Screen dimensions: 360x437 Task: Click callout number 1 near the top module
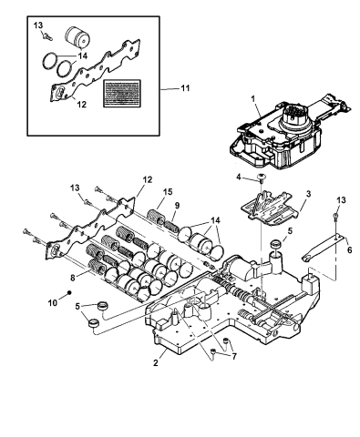tap(252, 98)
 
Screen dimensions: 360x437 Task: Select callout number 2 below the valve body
tap(156, 362)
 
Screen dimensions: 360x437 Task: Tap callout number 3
tap(308, 194)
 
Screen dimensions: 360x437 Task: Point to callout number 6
tap(349, 250)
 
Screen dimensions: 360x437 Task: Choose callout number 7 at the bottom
tap(234, 357)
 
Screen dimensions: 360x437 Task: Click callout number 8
tap(73, 278)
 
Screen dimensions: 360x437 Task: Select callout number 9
tap(177, 206)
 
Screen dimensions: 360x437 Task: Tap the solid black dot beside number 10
tap(69, 292)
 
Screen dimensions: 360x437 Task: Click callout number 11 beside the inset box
tap(185, 88)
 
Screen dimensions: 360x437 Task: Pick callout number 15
tap(168, 191)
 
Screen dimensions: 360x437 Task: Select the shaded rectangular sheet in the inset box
tap(122, 94)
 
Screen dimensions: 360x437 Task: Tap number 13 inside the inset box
tap(38, 25)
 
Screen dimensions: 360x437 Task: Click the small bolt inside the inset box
tap(47, 37)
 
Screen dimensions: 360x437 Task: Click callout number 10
tap(53, 303)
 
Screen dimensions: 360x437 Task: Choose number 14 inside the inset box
tap(82, 56)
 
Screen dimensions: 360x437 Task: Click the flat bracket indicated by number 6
tap(323, 248)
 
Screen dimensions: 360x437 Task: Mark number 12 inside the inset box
tap(82, 105)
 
